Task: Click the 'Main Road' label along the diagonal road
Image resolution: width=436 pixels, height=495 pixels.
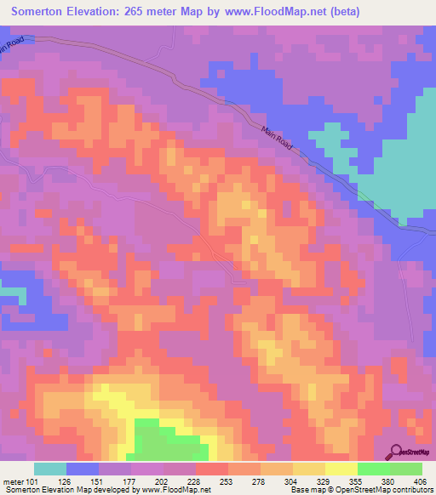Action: pos(276,136)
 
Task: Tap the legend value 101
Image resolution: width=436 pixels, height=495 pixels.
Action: pos(33,481)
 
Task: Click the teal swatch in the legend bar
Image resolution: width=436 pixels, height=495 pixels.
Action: pos(50,469)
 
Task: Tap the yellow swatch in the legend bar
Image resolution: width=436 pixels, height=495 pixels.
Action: pos(341,469)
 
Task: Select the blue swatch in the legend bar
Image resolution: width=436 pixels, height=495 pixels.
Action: pos(83,469)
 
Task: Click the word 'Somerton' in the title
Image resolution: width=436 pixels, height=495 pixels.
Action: pos(39,12)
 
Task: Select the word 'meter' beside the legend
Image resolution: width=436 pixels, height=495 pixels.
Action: pos(13,481)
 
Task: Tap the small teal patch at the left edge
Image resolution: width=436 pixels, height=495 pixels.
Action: pos(10,292)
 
